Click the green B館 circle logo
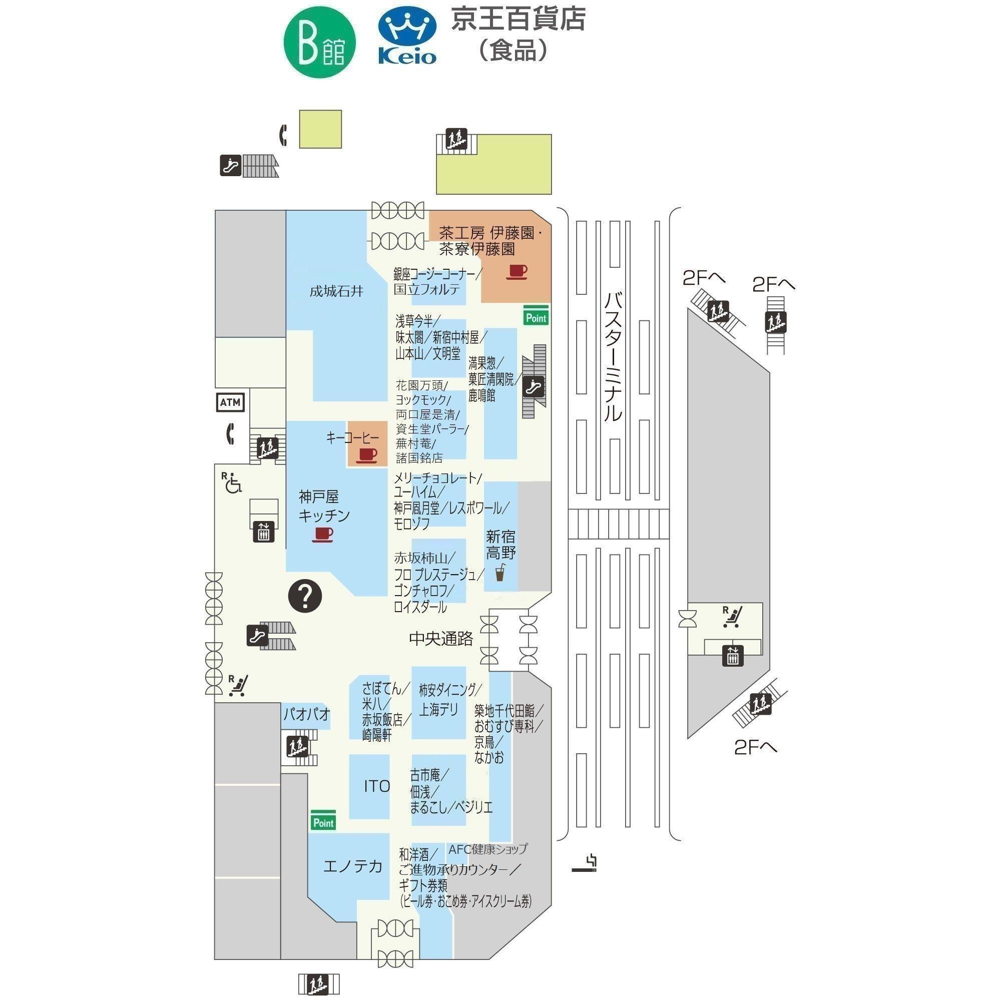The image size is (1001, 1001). (x=320, y=43)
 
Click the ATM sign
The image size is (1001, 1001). (x=231, y=402)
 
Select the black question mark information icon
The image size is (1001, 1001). (x=305, y=596)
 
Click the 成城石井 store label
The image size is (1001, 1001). (x=336, y=291)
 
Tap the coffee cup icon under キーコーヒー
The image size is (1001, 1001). (x=366, y=455)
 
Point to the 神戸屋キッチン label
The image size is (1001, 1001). (x=324, y=506)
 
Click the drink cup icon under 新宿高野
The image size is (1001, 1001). (x=500, y=573)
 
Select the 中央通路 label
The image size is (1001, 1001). (x=441, y=639)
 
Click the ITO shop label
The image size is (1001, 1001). (x=377, y=786)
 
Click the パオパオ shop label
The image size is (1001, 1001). (x=306, y=715)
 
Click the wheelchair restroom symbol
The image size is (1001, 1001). (x=233, y=482)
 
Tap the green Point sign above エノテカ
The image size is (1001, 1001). (x=323, y=820)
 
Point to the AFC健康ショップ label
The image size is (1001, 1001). (x=487, y=849)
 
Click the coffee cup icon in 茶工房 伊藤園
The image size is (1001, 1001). (x=516, y=271)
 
